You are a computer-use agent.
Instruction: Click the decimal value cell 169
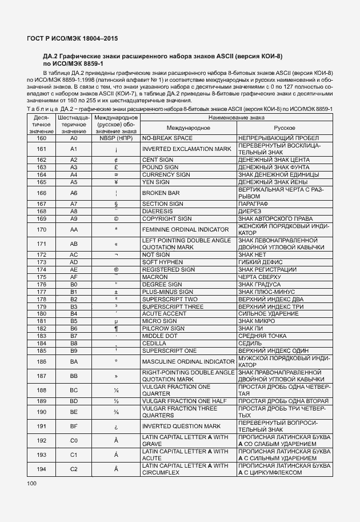tap(41, 218)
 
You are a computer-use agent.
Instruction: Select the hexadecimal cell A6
tap(73, 193)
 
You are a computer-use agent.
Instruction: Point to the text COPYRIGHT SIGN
tap(167, 218)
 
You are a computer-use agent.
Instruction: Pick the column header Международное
tap(189, 127)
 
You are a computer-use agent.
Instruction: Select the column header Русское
tap(284, 127)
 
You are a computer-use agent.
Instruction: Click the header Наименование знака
tap(236, 117)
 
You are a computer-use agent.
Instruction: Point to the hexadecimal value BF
tap(73, 427)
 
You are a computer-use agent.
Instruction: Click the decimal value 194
tap(41, 469)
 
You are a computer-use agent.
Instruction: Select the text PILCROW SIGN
tap(163, 329)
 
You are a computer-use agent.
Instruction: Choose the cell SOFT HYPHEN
tap(163, 262)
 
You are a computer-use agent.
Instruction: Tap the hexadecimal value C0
tap(73, 441)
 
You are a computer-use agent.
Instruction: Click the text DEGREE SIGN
tap(162, 284)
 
